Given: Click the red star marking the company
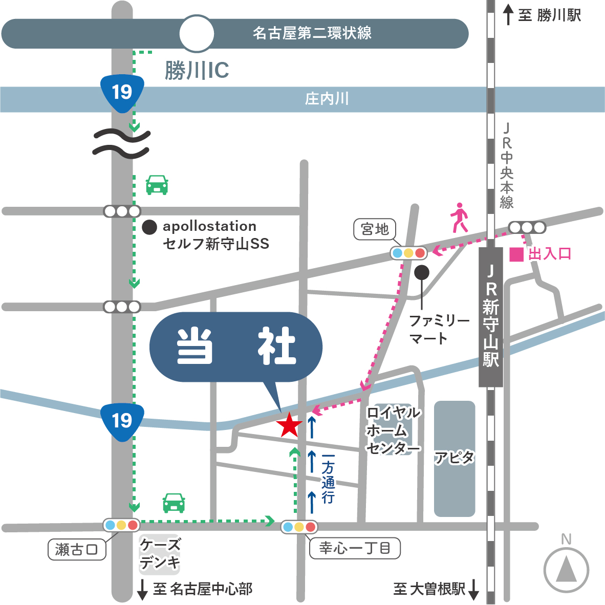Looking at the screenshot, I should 290,425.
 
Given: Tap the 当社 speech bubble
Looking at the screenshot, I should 236,347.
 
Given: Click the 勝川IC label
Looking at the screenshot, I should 197,71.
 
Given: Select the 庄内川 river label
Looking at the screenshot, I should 327,99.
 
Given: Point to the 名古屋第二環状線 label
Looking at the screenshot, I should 312,34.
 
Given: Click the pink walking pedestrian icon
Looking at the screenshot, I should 459,218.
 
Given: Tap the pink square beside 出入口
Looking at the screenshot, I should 516,254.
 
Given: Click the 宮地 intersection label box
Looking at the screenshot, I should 375,229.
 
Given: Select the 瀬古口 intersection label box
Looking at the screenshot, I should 76,550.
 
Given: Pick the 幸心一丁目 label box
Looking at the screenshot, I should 355,548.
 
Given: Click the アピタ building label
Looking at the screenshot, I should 455,457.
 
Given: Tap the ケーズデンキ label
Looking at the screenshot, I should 160,554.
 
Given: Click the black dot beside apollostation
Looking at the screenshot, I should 149,227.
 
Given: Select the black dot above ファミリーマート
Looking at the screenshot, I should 421,272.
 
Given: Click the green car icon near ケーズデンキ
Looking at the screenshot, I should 174,503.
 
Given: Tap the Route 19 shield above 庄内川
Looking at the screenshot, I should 122,93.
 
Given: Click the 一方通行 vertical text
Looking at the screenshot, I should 328,479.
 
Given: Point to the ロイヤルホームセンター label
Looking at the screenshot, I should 393,430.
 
